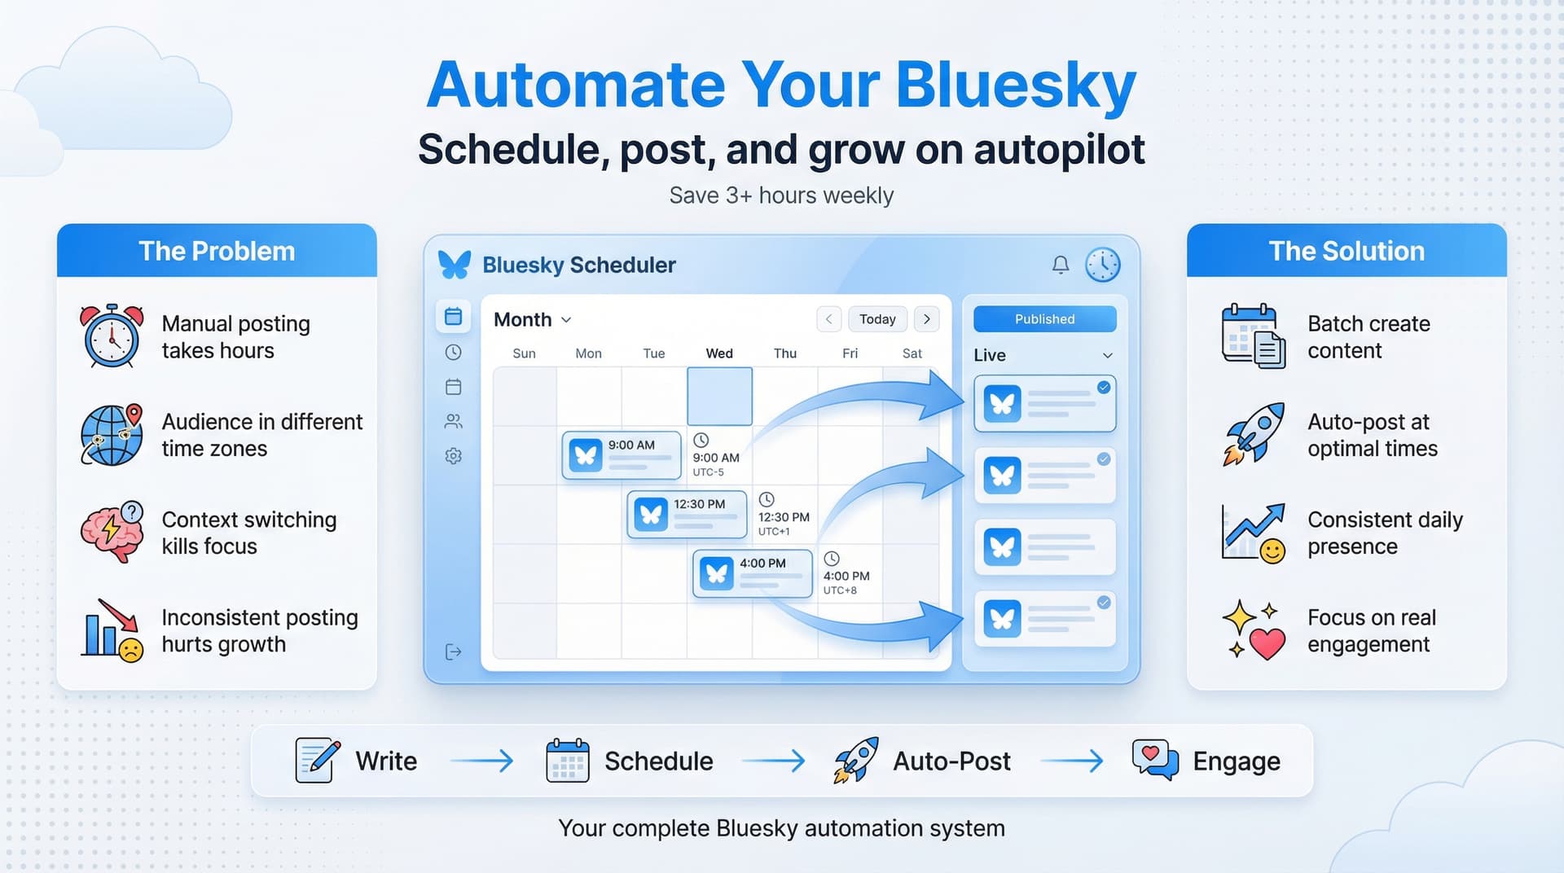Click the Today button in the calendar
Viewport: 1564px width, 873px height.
877,319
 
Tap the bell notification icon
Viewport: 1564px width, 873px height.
1060,265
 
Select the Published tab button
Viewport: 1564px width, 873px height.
1044,319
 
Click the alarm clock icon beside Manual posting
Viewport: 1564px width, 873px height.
112,336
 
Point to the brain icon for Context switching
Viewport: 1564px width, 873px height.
112,532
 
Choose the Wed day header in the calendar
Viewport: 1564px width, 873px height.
719,353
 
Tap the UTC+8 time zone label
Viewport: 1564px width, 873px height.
840,590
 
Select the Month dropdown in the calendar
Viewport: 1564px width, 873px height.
532,320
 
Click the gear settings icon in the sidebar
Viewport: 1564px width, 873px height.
454,456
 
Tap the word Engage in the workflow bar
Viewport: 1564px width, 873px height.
1236,761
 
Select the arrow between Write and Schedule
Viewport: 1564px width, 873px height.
481,761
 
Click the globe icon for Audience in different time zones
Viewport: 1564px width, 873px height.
112,435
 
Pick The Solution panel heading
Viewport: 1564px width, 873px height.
1347,251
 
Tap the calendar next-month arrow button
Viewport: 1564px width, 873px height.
926,319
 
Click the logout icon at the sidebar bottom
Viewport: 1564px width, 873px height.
454,651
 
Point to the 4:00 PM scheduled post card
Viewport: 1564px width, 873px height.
753,573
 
